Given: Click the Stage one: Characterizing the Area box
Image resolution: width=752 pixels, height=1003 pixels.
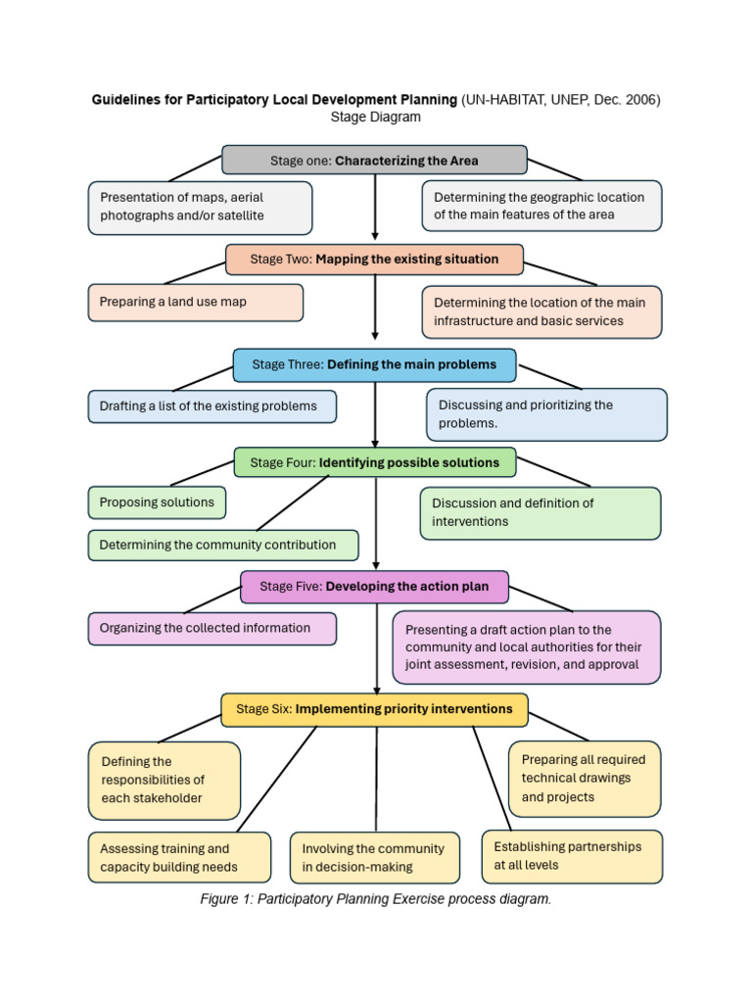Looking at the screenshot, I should (374, 160).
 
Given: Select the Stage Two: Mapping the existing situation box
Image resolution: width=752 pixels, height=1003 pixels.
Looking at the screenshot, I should (374, 260).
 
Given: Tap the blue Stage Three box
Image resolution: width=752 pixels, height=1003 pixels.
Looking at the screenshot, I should (374, 364).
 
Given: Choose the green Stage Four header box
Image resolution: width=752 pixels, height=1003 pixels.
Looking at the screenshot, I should (374, 462).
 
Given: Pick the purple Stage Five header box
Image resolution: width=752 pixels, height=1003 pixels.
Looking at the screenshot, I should (374, 587).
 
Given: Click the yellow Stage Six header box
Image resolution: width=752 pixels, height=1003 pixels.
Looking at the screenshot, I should (374, 709).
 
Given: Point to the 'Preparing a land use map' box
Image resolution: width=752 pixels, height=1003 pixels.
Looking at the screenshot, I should (195, 303).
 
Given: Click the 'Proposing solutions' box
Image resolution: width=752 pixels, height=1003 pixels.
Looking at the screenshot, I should (157, 502).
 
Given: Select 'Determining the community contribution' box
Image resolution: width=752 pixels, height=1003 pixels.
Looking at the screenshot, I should (222, 545).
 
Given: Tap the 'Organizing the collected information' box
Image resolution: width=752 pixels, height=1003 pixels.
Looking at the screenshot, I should (211, 629).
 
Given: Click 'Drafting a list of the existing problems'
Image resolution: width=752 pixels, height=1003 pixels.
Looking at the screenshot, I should (211, 406).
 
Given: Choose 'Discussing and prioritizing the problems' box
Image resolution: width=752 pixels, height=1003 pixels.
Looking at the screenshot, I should (546, 414).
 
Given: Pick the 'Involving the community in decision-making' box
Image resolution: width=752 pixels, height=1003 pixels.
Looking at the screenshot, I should (374, 857).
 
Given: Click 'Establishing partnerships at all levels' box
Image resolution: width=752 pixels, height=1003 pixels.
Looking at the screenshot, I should (572, 856).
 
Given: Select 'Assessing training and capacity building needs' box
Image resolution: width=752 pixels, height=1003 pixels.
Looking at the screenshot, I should (178, 857).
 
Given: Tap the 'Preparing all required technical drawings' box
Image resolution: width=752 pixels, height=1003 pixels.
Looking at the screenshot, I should (584, 779).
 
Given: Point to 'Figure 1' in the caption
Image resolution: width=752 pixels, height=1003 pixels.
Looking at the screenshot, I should (226, 899).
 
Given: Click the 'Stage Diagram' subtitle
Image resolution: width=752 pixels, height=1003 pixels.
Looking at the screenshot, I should (375, 117).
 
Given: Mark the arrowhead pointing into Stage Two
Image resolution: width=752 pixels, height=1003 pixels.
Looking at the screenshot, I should (375, 235).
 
